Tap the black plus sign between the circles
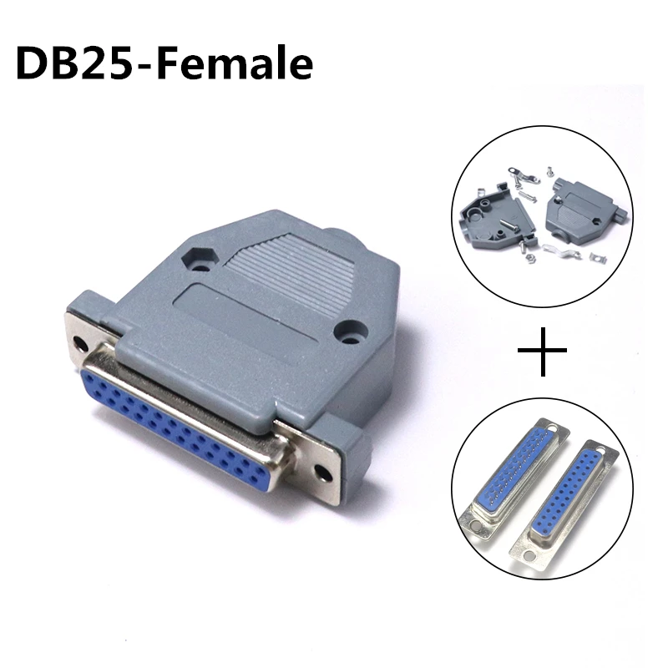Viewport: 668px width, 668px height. click(x=542, y=351)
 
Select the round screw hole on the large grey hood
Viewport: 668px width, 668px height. click(x=351, y=331)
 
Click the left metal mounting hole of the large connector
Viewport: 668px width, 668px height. click(x=79, y=342)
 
